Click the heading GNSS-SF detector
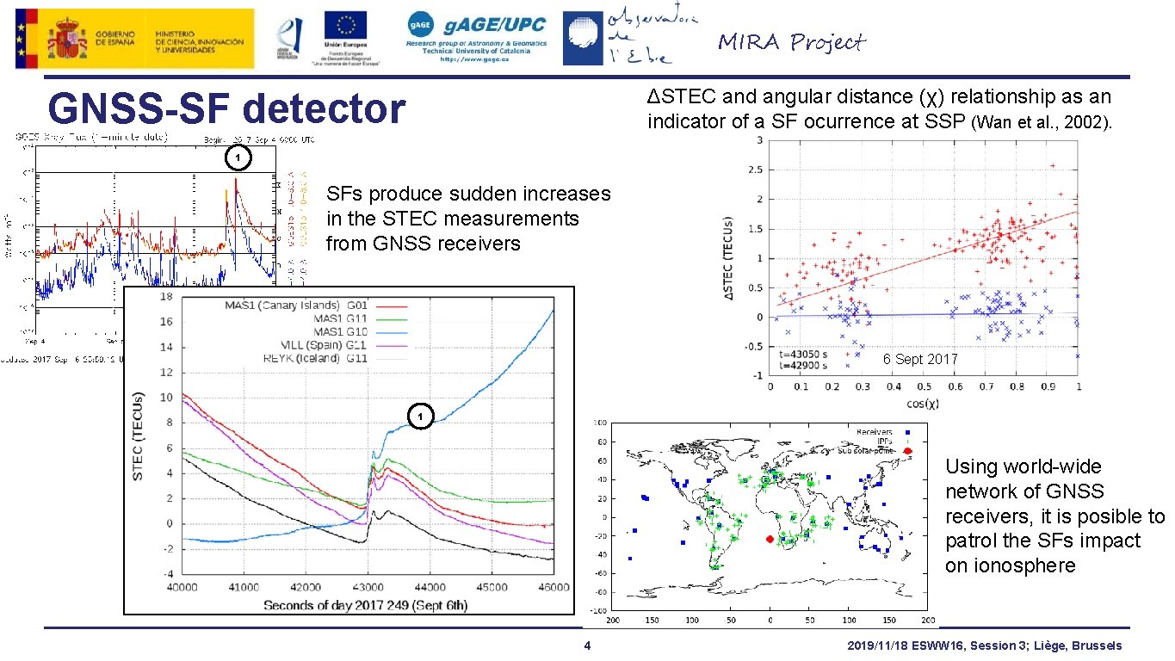point(227,109)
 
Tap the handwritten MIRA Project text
point(791,42)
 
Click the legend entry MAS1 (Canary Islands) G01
point(296,305)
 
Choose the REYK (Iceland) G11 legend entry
point(296,357)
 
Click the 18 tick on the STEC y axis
point(166,297)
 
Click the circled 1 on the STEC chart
point(418,417)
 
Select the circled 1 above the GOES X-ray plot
point(238,158)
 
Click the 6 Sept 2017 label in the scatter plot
point(920,359)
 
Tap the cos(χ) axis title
point(921,404)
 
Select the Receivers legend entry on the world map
point(875,431)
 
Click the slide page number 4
point(586,646)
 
